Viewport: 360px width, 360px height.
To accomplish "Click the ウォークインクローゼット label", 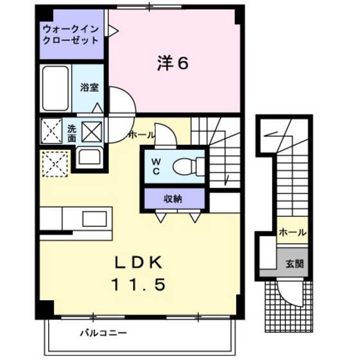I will pos(71,34).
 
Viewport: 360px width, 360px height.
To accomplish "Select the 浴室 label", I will pos(89,87).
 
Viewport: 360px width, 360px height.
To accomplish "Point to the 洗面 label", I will pos(72,132).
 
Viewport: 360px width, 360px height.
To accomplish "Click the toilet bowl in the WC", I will pos(187,165).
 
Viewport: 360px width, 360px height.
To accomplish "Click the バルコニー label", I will pos(103,333).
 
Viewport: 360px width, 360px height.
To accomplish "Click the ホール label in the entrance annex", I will pos(292,233).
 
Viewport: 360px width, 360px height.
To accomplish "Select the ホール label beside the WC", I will pos(141,135).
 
